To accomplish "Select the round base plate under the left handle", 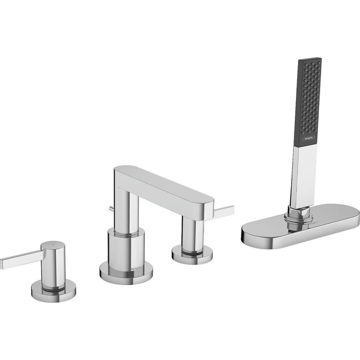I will click(54, 292).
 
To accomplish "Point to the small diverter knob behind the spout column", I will click(111, 208).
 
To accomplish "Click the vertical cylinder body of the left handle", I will click(54, 264).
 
